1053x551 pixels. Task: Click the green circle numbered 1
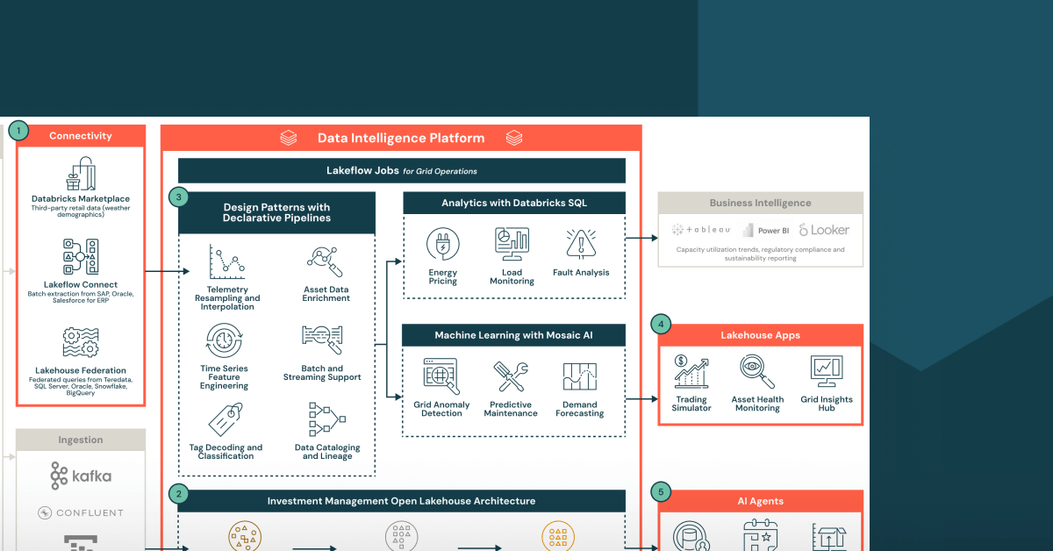[x=18, y=131]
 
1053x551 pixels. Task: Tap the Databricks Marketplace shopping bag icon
[x=80, y=175]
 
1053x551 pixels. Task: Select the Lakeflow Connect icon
[x=80, y=258]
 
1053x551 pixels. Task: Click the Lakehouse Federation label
[x=81, y=370]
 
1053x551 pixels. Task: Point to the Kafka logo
[x=81, y=476]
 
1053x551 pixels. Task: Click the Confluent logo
[x=81, y=512]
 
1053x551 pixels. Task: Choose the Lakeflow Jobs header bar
[x=401, y=170]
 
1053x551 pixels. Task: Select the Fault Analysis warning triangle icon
[x=581, y=245]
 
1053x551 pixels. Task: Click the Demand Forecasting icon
[x=579, y=376]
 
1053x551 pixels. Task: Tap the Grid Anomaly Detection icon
[x=441, y=376]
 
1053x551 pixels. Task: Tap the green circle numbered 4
[x=661, y=325]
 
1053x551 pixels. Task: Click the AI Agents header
[x=760, y=501]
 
